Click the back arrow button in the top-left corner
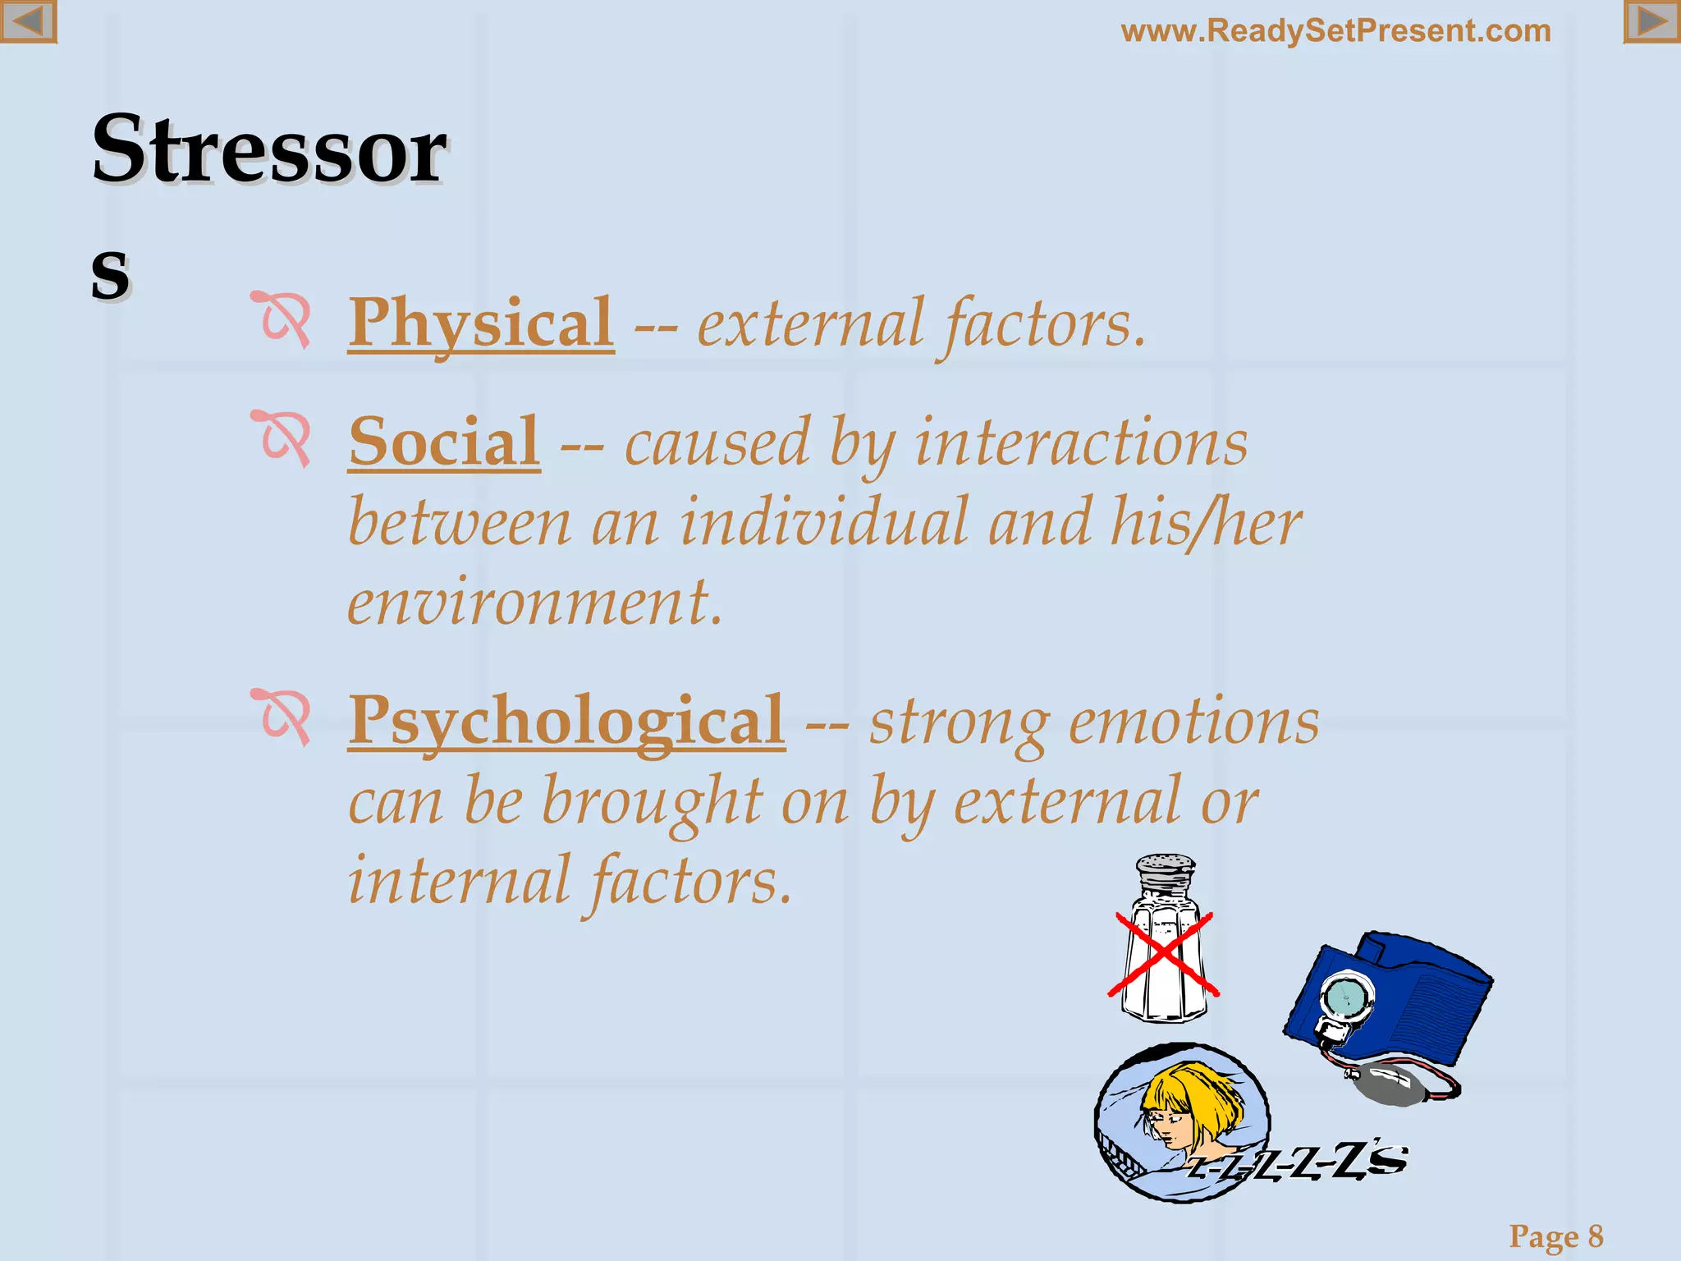click(28, 21)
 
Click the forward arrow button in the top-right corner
click(1651, 21)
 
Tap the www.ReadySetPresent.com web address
click(1335, 31)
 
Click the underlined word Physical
click(481, 323)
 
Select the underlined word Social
click(444, 442)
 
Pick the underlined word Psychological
click(566, 721)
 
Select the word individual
click(823, 523)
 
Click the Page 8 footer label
click(1555, 1236)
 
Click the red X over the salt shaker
click(1163, 955)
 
